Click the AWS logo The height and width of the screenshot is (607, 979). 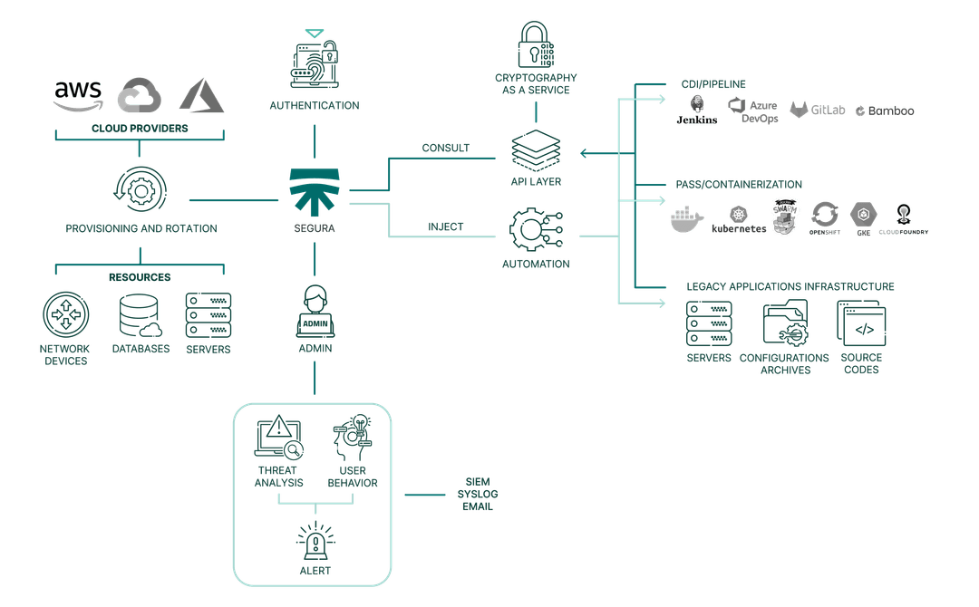(x=78, y=95)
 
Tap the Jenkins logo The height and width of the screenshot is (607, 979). (x=696, y=109)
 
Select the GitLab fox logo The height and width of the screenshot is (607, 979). (x=800, y=110)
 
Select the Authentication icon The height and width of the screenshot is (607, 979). (x=314, y=63)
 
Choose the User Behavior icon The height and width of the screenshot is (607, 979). (x=351, y=438)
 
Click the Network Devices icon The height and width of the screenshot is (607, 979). (x=66, y=315)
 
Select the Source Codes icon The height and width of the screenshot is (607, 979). (x=859, y=323)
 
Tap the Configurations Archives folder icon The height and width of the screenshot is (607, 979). (x=784, y=323)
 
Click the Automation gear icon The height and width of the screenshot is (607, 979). (x=536, y=230)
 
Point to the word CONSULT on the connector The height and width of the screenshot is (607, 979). (x=444, y=147)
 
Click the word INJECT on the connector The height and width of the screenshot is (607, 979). (x=445, y=226)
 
